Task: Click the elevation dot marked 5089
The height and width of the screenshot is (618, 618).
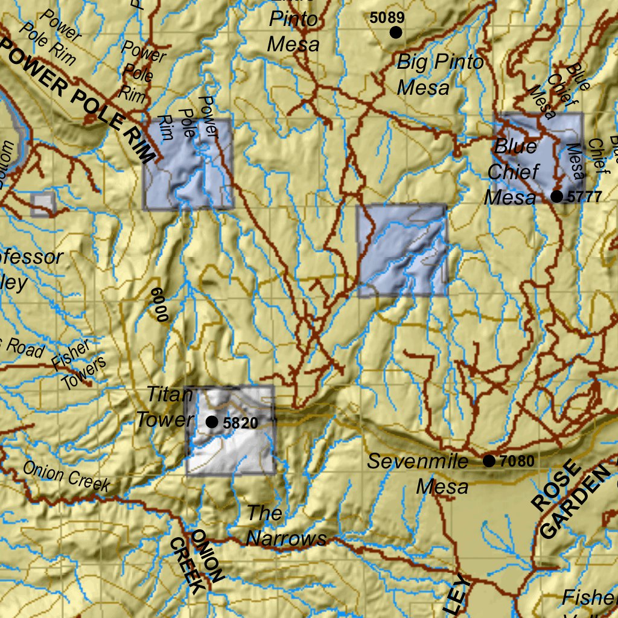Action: pos(396,32)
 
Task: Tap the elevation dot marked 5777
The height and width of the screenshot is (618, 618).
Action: pos(556,196)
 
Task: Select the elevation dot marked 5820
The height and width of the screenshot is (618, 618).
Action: pos(212,422)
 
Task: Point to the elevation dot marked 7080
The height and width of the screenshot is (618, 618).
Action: pos(489,461)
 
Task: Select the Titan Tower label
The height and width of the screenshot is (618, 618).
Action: pos(165,407)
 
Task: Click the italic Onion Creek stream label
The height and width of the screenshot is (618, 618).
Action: pos(67,476)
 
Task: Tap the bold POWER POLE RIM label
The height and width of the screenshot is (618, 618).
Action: pos(78,97)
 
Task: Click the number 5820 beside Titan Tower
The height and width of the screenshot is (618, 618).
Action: pos(240,423)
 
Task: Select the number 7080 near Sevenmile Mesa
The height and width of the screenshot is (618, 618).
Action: pos(517,462)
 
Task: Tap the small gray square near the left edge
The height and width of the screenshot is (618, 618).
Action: pos(43,203)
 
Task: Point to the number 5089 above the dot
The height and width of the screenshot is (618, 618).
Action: pos(387,18)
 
